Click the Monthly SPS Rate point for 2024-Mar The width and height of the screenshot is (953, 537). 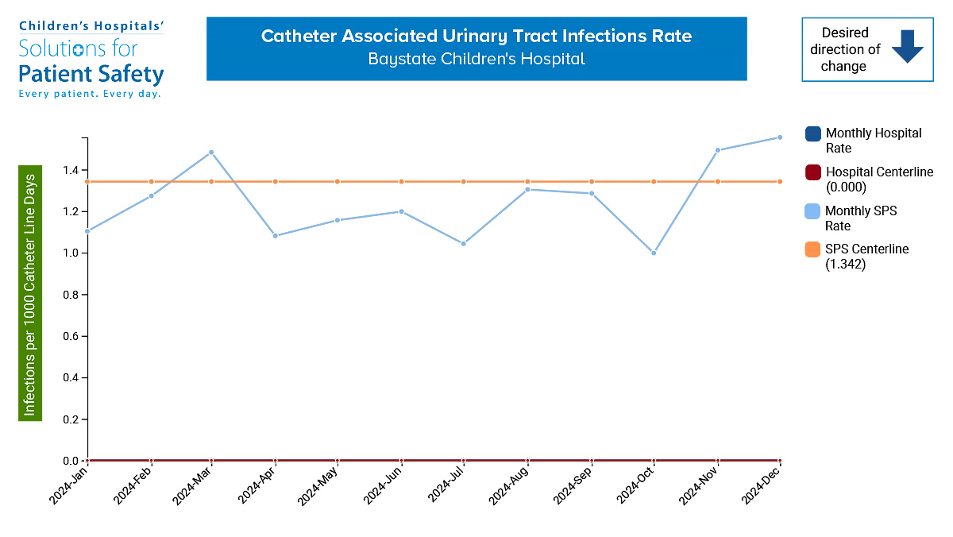pyautogui.click(x=211, y=153)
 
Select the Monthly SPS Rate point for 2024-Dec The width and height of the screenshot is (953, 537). pyautogui.click(x=780, y=137)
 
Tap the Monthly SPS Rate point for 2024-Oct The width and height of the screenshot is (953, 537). pyautogui.click(x=654, y=253)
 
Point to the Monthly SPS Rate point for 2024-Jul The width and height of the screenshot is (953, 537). pyautogui.click(x=464, y=244)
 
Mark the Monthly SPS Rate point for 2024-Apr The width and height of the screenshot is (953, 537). pyautogui.click(x=275, y=236)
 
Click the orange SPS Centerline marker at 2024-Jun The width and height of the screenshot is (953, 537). pyautogui.click(x=401, y=182)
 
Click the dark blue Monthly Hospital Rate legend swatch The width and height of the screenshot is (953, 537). pyautogui.click(x=812, y=133)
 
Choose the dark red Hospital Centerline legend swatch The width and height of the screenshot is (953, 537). pyautogui.click(x=812, y=172)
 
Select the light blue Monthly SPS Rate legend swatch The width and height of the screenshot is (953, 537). pyautogui.click(x=812, y=211)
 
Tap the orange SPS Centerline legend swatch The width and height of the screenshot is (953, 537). pyautogui.click(x=812, y=249)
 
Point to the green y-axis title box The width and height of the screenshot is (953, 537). pyautogui.click(x=30, y=293)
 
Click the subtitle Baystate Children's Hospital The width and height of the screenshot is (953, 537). pyautogui.click(x=476, y=60)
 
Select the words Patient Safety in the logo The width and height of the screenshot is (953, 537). pyautogui.click(x=91, y=75)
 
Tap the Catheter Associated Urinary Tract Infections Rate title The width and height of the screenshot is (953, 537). pyautogui.click(x=476, y=37)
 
